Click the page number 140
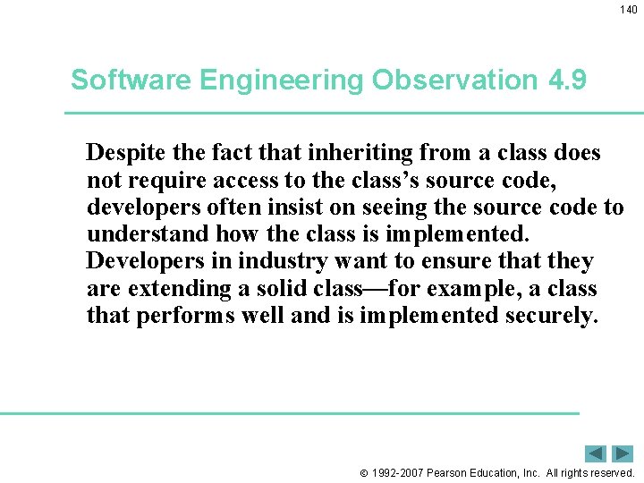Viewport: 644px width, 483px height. [629, 10]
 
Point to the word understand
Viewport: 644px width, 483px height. [148, 234]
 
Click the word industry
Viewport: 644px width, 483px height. [287, 262]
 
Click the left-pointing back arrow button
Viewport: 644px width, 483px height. [596, 453]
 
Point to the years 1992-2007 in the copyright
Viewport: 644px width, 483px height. [399, 472]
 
